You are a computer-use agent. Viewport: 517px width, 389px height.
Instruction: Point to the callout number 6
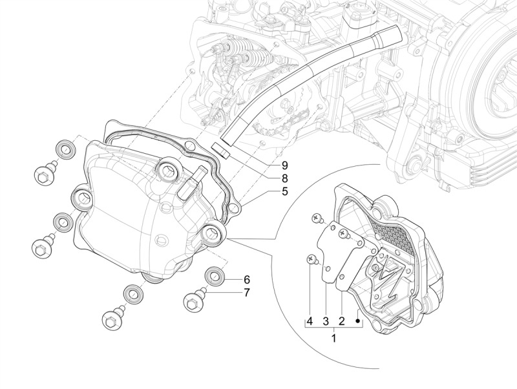click(247, 280)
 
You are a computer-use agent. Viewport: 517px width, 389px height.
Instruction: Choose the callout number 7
click(247, 293)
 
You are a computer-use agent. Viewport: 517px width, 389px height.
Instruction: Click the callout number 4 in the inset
click(310, 321)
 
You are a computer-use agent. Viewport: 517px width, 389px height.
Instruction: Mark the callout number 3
click(326, 321)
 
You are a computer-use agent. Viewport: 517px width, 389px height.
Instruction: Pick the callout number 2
click(342, 321)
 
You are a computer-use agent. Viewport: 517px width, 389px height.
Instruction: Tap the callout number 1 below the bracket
click(334, 338)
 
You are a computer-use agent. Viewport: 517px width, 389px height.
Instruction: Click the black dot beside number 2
click(357, 321)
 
